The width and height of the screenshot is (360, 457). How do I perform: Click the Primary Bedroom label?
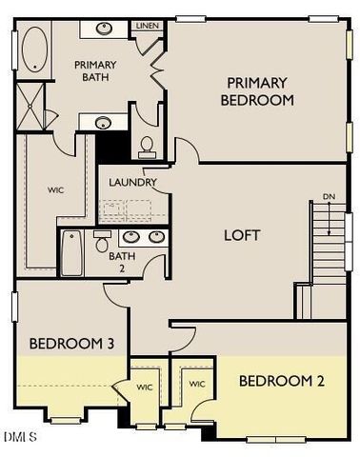point(257,90)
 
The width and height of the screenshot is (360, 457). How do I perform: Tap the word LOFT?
point(241,235)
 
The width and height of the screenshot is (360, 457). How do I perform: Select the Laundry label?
point(132,183)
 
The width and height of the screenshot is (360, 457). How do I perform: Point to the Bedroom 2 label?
point(281,381)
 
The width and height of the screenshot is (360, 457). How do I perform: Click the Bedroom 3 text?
point(65,344)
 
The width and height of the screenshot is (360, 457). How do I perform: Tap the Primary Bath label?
point(94,71)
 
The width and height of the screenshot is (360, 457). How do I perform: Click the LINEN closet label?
point(147,26)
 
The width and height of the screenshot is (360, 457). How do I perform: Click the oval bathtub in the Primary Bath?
point(34,50)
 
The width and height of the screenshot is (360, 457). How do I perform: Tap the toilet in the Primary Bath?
point(147,146)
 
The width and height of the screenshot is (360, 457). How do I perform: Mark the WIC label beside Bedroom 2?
point(197,384)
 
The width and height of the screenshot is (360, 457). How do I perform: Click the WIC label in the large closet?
point(55,189)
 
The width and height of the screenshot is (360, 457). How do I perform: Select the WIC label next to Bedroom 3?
point(145,387)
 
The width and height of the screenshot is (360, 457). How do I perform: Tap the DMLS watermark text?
point(20,437)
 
